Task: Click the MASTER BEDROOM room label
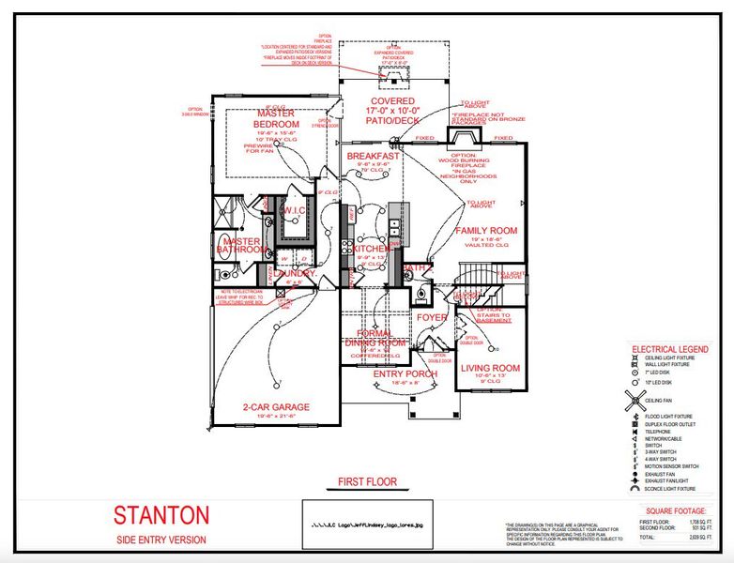coord(275,119)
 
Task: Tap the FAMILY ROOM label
coord(486,230)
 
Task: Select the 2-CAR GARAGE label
coord(275,406)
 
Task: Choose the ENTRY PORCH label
coord(405,374)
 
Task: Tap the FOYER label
coord(433,317)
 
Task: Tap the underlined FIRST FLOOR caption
coord(367,482)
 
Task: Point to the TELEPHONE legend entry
coord(661,432)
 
